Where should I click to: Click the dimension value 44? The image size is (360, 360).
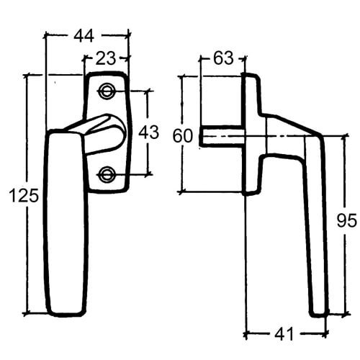point(87,34)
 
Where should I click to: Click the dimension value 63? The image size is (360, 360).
point(222,58)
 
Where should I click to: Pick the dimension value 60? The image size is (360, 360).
point(183,135)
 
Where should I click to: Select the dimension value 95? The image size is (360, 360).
point(346,221)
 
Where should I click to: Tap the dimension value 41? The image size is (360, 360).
point(286,334)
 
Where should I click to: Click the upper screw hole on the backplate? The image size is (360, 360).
point(107,91)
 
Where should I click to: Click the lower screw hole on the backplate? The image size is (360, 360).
point(107,173)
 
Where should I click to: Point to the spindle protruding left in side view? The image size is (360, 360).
point(220,136)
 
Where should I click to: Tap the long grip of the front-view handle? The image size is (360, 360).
point(66,223)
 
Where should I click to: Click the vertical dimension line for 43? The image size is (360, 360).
point(148,108)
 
